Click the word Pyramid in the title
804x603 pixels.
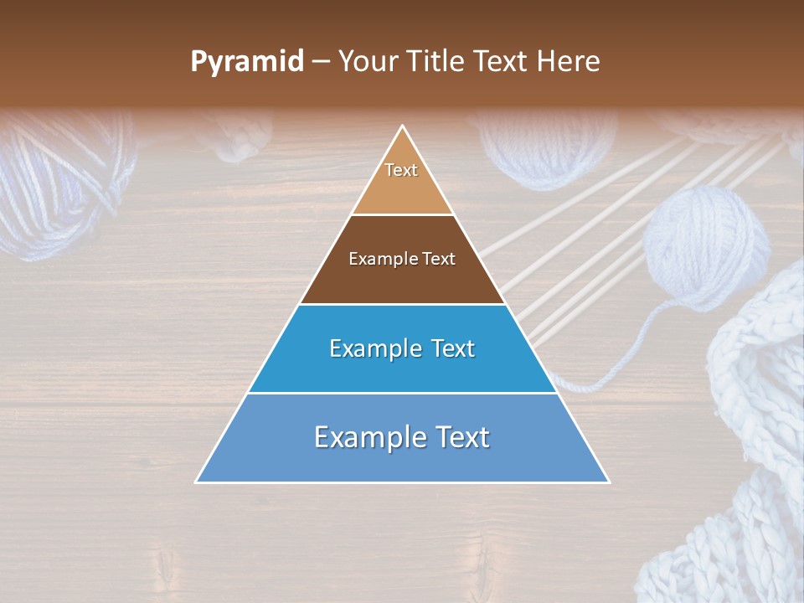pyautogui.click(x=247, y=62)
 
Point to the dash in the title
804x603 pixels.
pyautogui.click(x=321, y=63)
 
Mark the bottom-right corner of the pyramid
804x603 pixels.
pyautogui.click(x=608, y=482)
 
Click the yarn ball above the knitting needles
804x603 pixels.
pyautogui.click(x=536, y=147)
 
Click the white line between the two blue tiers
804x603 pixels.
pyautogui.click(x=402, y=393)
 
